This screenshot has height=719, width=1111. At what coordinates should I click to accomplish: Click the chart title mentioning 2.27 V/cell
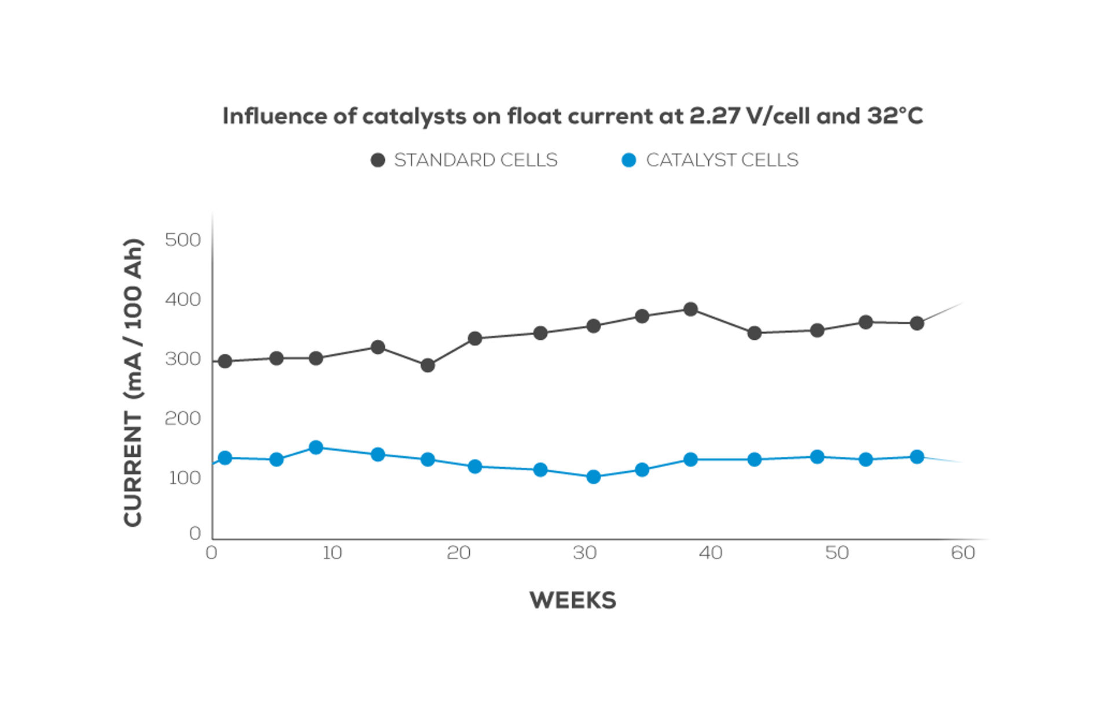[572, 116]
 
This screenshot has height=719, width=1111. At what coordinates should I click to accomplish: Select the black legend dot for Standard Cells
[378, 160]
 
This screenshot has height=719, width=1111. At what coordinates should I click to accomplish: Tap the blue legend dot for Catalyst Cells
[628, 160]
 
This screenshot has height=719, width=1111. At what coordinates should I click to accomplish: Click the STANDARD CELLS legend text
[476, 160]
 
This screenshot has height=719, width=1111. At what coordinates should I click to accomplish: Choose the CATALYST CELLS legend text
[722, 160]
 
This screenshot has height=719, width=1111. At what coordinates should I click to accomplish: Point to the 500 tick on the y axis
[183, 240]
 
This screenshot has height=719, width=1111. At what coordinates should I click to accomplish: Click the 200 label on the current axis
[183, 418]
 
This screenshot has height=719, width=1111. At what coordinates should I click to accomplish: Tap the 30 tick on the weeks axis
[584, 553]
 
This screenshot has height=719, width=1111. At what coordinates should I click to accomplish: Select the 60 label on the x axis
[963, 553]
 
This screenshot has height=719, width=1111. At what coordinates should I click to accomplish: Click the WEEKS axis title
[573, 600]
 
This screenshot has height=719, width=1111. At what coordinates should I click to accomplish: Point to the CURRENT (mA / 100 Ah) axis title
[133, 382]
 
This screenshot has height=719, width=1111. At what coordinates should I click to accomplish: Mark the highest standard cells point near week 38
[690, 309]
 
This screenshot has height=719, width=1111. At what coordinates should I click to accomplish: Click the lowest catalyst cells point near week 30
[593, 477]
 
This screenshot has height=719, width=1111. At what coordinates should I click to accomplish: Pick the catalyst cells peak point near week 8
[316, 447]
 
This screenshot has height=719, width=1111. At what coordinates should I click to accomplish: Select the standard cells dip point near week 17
[428, 365]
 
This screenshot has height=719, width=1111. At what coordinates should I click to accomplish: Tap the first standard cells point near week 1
[225, 361]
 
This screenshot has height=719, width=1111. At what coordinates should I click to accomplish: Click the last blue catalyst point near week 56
[917, 457]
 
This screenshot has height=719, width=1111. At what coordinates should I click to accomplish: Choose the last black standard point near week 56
[917, 323]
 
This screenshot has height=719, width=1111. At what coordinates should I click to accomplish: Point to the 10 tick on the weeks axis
[332, 553]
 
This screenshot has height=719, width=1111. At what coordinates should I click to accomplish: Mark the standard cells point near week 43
[754, 333]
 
